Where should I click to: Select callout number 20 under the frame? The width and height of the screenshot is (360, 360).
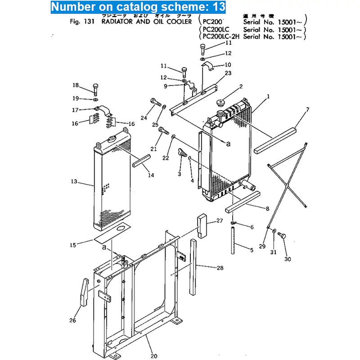tap(154, 356)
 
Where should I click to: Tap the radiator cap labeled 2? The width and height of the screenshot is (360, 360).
tap(221, 103)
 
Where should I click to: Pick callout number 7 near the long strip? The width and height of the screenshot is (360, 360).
tap(307, 109)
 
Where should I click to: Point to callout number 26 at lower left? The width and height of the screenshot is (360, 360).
tap(73, 320)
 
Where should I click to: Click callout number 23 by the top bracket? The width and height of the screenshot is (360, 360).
tap(228, 73)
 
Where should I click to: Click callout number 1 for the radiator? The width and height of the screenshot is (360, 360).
tap(268, 96)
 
